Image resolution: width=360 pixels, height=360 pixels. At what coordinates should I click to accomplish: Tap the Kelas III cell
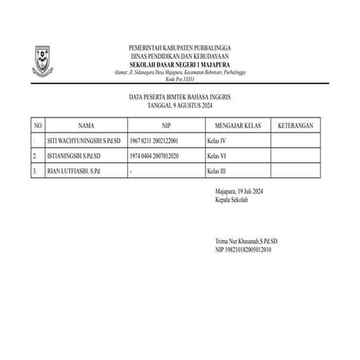click(x=216, y=171)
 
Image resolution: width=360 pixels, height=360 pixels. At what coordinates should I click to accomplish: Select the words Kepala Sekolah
click(x=232, y=200)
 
